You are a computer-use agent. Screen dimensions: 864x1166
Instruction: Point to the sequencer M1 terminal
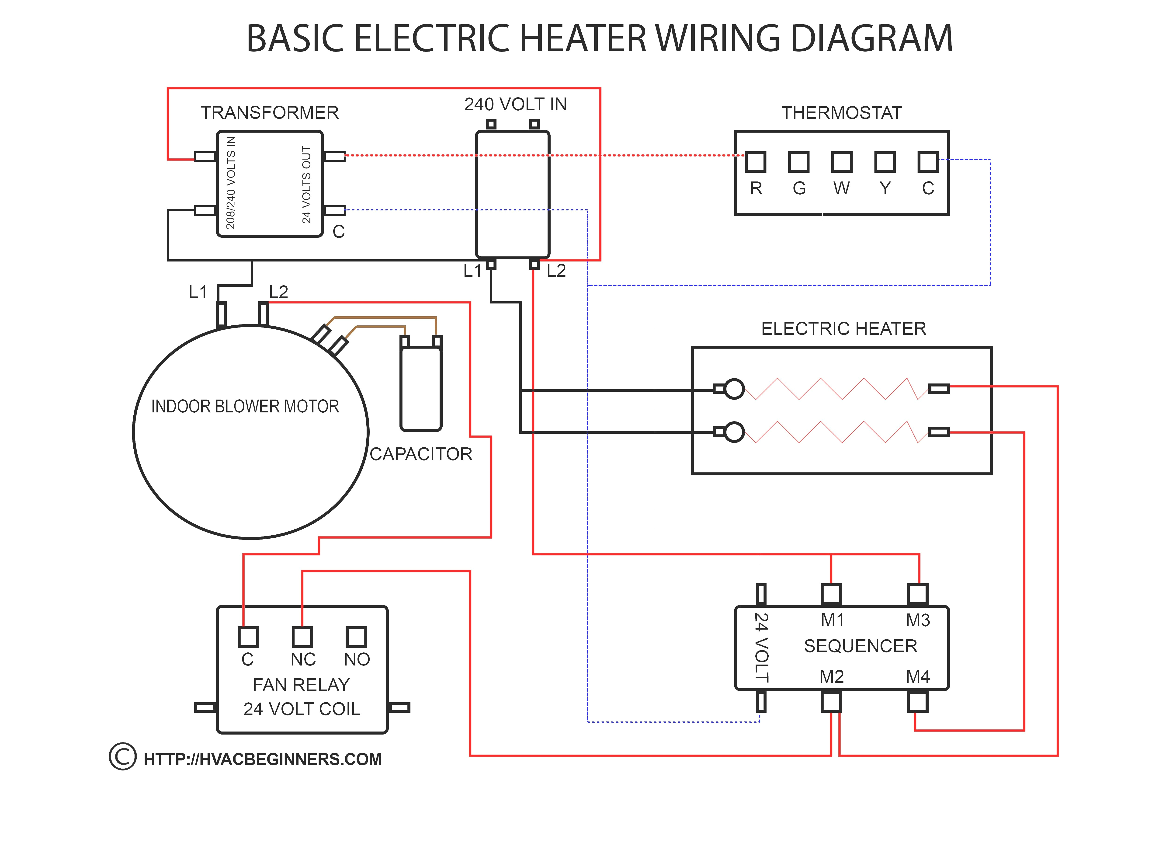pos(831,594)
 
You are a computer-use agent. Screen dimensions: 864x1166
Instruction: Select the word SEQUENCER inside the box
pos(860,646)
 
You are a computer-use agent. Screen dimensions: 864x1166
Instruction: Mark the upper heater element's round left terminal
pos(734,389)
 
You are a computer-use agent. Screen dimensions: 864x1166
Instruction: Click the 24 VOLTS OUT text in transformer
pos(306,184)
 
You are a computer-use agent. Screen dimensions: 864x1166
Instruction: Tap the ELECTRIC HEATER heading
pos(843,328)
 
